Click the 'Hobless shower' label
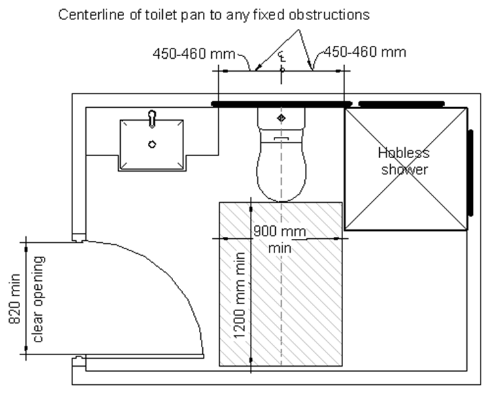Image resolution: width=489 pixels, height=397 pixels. pos(404,161)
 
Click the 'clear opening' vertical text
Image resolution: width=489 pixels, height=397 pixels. pos(38,298)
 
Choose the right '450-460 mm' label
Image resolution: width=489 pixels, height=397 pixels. pos(364,52)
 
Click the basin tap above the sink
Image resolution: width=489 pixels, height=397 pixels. pos(152,117)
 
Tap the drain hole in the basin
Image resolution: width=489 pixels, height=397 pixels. pos(152,144)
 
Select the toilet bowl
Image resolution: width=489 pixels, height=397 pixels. pos(281,168)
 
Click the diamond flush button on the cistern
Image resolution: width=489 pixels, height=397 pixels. pos(281,117)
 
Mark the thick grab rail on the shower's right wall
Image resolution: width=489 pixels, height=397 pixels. pos(471,172)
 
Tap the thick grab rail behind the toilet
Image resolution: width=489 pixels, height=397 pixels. pos(281,103)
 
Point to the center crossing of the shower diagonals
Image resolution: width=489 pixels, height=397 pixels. pos(405,168)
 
